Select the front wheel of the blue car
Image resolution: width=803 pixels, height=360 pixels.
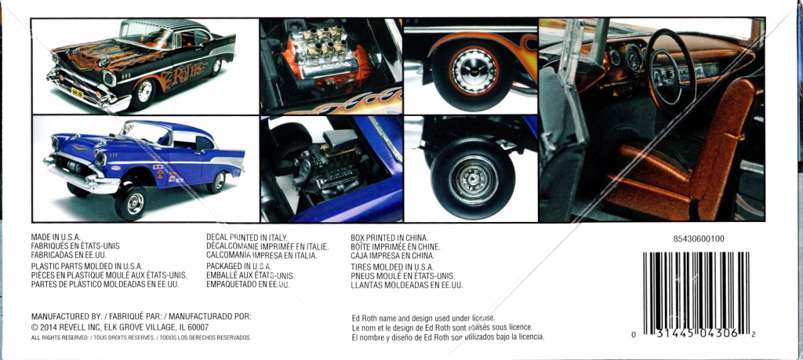(x=131, y=202)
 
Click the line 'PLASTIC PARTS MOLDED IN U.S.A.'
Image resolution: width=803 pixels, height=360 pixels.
(x=86, y=267)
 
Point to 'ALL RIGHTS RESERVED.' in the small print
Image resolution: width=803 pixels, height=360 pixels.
(x=60, y=337)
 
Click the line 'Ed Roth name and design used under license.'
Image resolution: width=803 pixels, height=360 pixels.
(x=423, y=317)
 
